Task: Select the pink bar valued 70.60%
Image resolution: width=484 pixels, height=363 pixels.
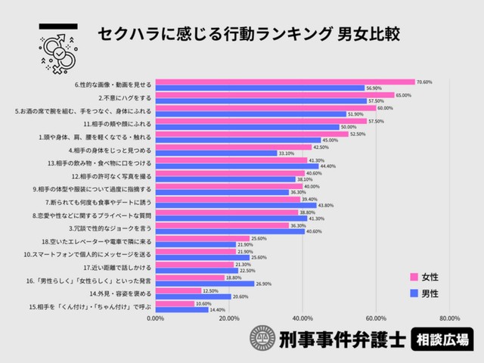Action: (x=285, y=82)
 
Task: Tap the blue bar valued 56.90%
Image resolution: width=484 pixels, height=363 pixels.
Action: (x=259, y=88)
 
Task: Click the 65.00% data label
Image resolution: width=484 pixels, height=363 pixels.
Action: (x=404, y=95)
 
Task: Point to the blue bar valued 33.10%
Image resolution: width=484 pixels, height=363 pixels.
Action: (x=216, y=153)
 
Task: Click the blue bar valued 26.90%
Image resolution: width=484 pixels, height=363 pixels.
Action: (x=204, y=284)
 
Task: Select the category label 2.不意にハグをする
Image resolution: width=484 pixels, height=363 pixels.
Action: (x=126, y=98)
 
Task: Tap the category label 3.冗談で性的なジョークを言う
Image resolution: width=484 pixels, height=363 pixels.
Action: (x=111, y=228)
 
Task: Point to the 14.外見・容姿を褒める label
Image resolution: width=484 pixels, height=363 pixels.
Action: (x=121, y=293)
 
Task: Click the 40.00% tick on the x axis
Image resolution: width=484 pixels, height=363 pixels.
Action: (x=302, y=318)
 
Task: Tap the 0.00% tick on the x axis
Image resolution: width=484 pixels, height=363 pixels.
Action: (x=155, y=318)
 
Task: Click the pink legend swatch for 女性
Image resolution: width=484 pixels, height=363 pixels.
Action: (x=414, y=277)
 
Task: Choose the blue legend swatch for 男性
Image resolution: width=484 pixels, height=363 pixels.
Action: (x=414, y=292)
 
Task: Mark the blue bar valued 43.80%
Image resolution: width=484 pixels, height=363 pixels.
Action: (x=235, y=205)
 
